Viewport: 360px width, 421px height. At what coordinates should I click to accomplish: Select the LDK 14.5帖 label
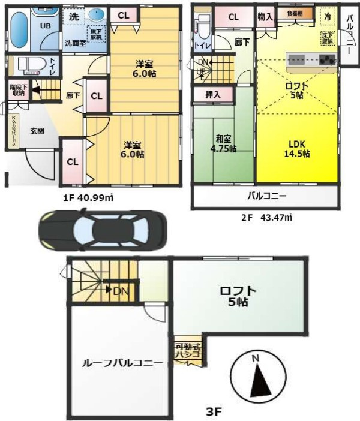298,148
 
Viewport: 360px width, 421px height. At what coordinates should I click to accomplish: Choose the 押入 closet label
213,94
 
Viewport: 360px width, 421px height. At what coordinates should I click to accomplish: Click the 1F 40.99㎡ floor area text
89,197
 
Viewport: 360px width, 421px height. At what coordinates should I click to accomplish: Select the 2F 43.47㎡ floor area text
266,218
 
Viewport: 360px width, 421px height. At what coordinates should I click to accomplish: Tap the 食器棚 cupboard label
290,14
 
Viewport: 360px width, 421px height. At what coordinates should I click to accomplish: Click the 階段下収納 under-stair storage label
17,89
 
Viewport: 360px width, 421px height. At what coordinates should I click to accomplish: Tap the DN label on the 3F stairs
121,291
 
